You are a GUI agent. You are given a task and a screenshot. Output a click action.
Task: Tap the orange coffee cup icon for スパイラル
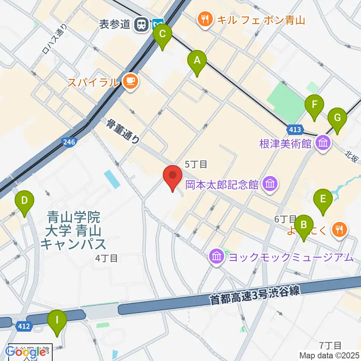pos(130,81)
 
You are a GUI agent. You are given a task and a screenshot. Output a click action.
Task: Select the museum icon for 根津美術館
pos(323,143)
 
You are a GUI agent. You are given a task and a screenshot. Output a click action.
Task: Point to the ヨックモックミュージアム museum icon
pos(217,257)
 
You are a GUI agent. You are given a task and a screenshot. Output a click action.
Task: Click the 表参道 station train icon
pos(142,24)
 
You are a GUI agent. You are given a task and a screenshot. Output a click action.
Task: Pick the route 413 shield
pos(295,130)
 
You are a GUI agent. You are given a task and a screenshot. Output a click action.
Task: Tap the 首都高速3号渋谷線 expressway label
pos(254,296)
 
